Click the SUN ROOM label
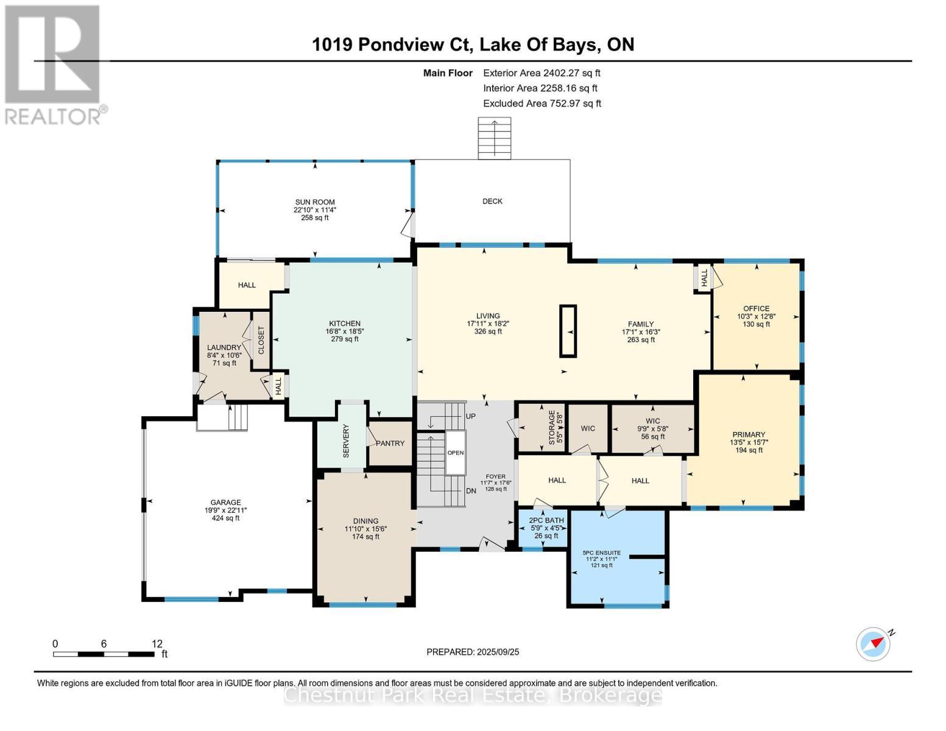315,202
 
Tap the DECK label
492,201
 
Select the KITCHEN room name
345,323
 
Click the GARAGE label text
226,503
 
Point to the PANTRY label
390,443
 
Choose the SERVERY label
346,442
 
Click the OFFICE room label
756,308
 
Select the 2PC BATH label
546,520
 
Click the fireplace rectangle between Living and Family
568,330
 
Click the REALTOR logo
55,64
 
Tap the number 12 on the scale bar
157,644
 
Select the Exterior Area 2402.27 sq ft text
542,73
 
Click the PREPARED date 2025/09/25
473,652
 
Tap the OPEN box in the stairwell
456,453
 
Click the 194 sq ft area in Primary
748,450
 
